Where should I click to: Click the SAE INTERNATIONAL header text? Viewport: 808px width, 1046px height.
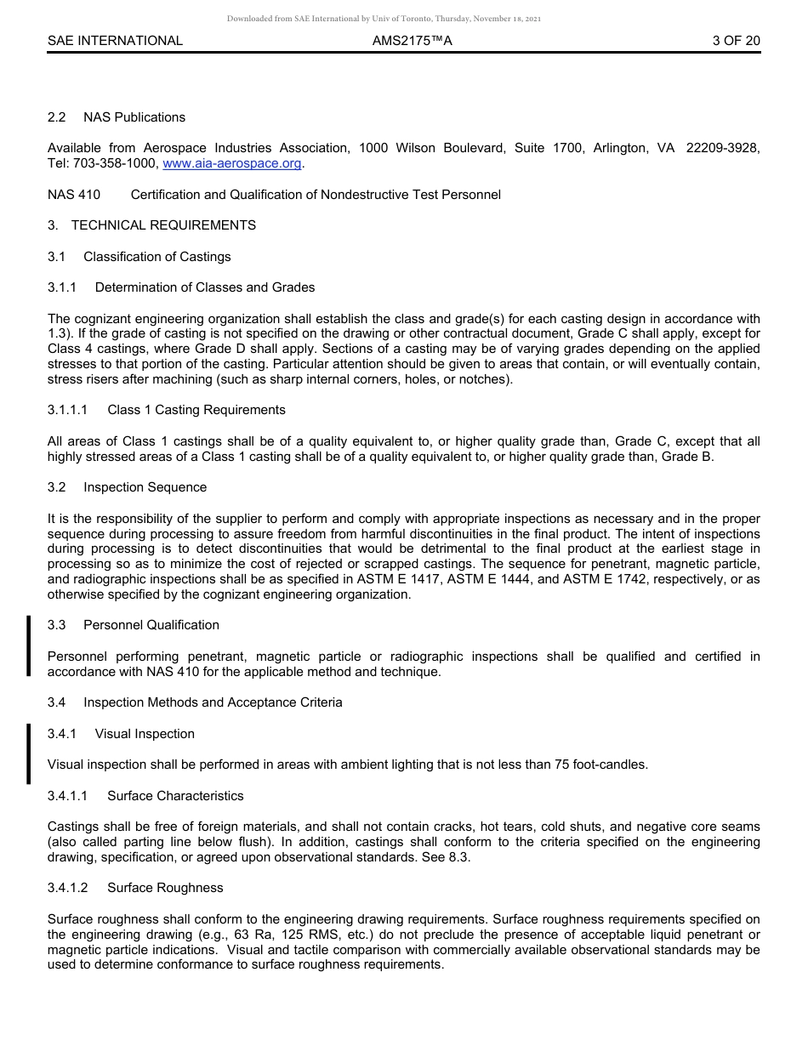(115, 40)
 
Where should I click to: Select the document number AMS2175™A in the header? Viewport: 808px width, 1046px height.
(412, 40)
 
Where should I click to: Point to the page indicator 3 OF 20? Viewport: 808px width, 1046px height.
(736, 40)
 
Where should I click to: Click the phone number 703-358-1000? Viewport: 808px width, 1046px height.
(112, 163)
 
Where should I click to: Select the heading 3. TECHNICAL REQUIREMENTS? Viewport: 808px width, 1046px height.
(151, 225)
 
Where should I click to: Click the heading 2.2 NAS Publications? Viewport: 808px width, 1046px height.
(117, 117)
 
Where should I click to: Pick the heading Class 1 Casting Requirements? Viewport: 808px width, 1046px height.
(196, 410)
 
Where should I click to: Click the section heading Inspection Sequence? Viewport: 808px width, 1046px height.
(145, 487)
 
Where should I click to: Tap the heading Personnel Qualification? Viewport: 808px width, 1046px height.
(151, 625)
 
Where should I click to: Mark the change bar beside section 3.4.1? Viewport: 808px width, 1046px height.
(28, 753)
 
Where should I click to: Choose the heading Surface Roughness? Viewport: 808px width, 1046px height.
(165, 888)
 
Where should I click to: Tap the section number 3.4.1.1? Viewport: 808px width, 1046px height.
(67, 796)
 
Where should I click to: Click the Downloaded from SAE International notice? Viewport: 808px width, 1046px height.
(384, 18)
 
